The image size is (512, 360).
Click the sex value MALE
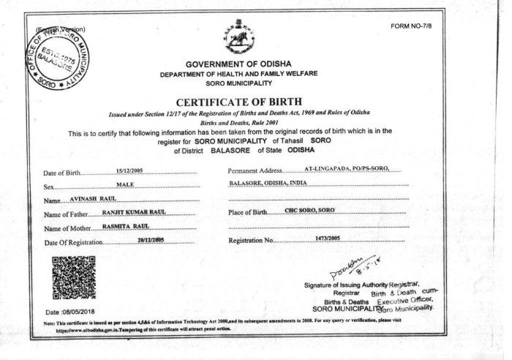[125, 184]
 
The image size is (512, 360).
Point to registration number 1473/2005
[328, 239]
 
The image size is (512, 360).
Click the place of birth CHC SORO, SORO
[310, 211]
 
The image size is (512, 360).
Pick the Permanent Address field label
[255, 171]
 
